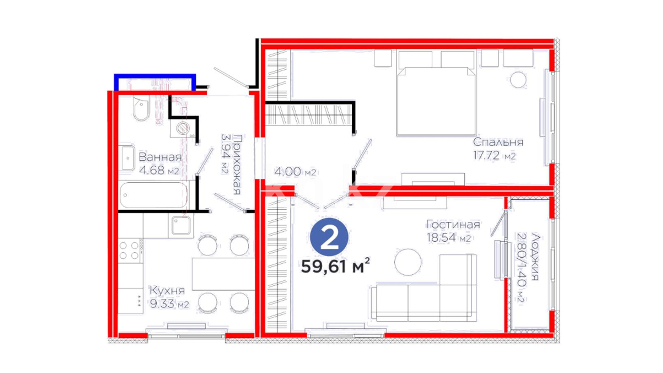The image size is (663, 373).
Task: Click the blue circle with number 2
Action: point(329,237)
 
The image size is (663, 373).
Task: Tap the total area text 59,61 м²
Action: point(335,266)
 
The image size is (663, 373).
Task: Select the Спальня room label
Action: point(498,142)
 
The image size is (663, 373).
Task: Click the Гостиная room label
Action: point(453,224)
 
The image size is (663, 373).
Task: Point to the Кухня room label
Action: point(167,290)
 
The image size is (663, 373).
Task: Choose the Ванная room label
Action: point(160,157)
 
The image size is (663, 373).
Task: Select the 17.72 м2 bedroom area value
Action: point(494,155)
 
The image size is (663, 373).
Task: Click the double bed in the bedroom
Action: point(436,94)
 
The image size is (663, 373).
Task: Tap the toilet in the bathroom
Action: point(141,108)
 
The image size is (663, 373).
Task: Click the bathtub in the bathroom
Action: point(154,195)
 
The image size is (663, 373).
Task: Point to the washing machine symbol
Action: point(183,128)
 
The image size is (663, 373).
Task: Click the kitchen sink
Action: point(181,225)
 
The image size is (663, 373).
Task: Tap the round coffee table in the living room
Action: point(408,262)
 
